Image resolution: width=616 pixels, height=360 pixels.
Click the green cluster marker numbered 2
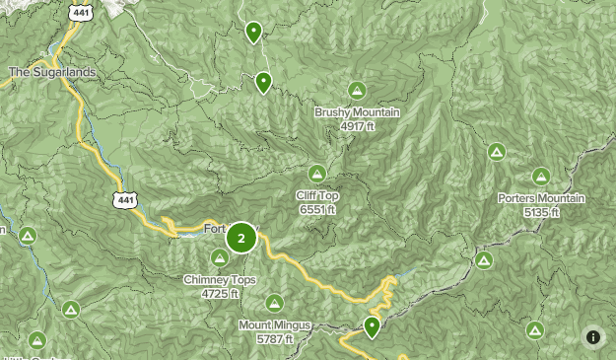[240, 238]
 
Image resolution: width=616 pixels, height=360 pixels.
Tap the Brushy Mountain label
[357, 112]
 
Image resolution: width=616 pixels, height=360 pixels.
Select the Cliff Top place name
[316, 195]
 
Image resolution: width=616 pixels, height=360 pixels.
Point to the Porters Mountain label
[541, 198]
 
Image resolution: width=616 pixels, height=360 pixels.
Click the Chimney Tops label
[220, 280]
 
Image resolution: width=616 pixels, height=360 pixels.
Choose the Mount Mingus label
[274, 324]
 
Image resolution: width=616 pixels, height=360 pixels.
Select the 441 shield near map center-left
[124, 200]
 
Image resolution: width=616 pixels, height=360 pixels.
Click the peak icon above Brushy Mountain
[357, 89]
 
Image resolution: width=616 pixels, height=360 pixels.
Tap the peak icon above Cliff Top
[316, 173]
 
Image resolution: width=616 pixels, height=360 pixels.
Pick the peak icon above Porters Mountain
[540, 177]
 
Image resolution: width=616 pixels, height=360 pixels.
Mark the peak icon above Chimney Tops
[220, 257]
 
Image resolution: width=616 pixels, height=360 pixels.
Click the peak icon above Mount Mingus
[274, 302]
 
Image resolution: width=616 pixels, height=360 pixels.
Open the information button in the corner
[592, 337]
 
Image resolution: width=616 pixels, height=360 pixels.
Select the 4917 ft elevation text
[357, 126]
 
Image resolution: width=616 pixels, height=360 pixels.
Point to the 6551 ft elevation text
[316, 209]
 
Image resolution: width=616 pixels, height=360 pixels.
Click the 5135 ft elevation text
[541, 212]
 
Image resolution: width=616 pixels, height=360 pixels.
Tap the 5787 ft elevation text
[274, 338]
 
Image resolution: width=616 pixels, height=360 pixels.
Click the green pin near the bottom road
[372, 325]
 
